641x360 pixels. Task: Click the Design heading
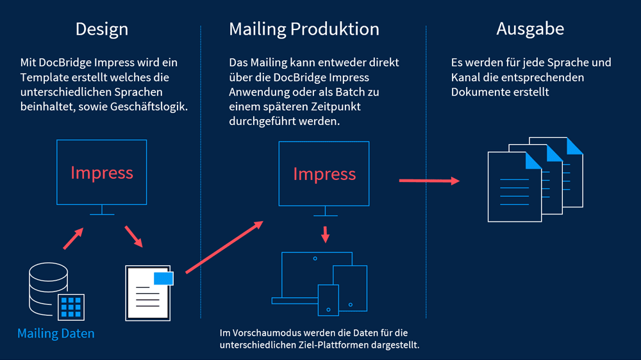[102, 29]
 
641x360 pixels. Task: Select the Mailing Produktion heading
[304, 29]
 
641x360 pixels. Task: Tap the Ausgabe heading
[530, 29]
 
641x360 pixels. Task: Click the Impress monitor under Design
[102, 172]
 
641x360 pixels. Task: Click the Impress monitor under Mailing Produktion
[324, 174]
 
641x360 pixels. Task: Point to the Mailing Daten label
[56, 333]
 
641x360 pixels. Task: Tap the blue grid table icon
[71, 307]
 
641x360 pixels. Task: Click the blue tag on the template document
[163, 277]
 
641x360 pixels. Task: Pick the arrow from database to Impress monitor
[73, 238]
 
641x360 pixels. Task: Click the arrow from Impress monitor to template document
[133, 236]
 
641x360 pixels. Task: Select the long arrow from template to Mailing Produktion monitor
[224, 247]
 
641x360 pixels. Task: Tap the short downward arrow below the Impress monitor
[325, 234]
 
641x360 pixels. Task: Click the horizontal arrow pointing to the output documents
[429, 181]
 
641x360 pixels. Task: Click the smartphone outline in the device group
[328, 300]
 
